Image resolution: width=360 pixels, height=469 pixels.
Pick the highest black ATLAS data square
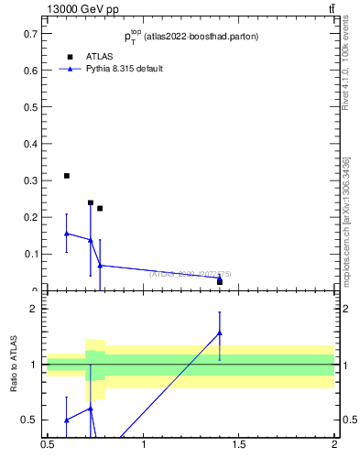click(x=67, y=176)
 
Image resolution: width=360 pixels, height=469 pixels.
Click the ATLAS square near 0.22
click(x=100, y=209)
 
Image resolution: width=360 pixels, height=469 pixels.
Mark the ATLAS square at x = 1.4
click(x=220, y=281)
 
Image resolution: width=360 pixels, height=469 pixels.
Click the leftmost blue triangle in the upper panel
click(x=67, y=234)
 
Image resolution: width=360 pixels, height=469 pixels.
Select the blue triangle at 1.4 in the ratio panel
click(x=220, y=333)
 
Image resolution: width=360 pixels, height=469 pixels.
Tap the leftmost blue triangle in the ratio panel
click(x=67, y=420)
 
